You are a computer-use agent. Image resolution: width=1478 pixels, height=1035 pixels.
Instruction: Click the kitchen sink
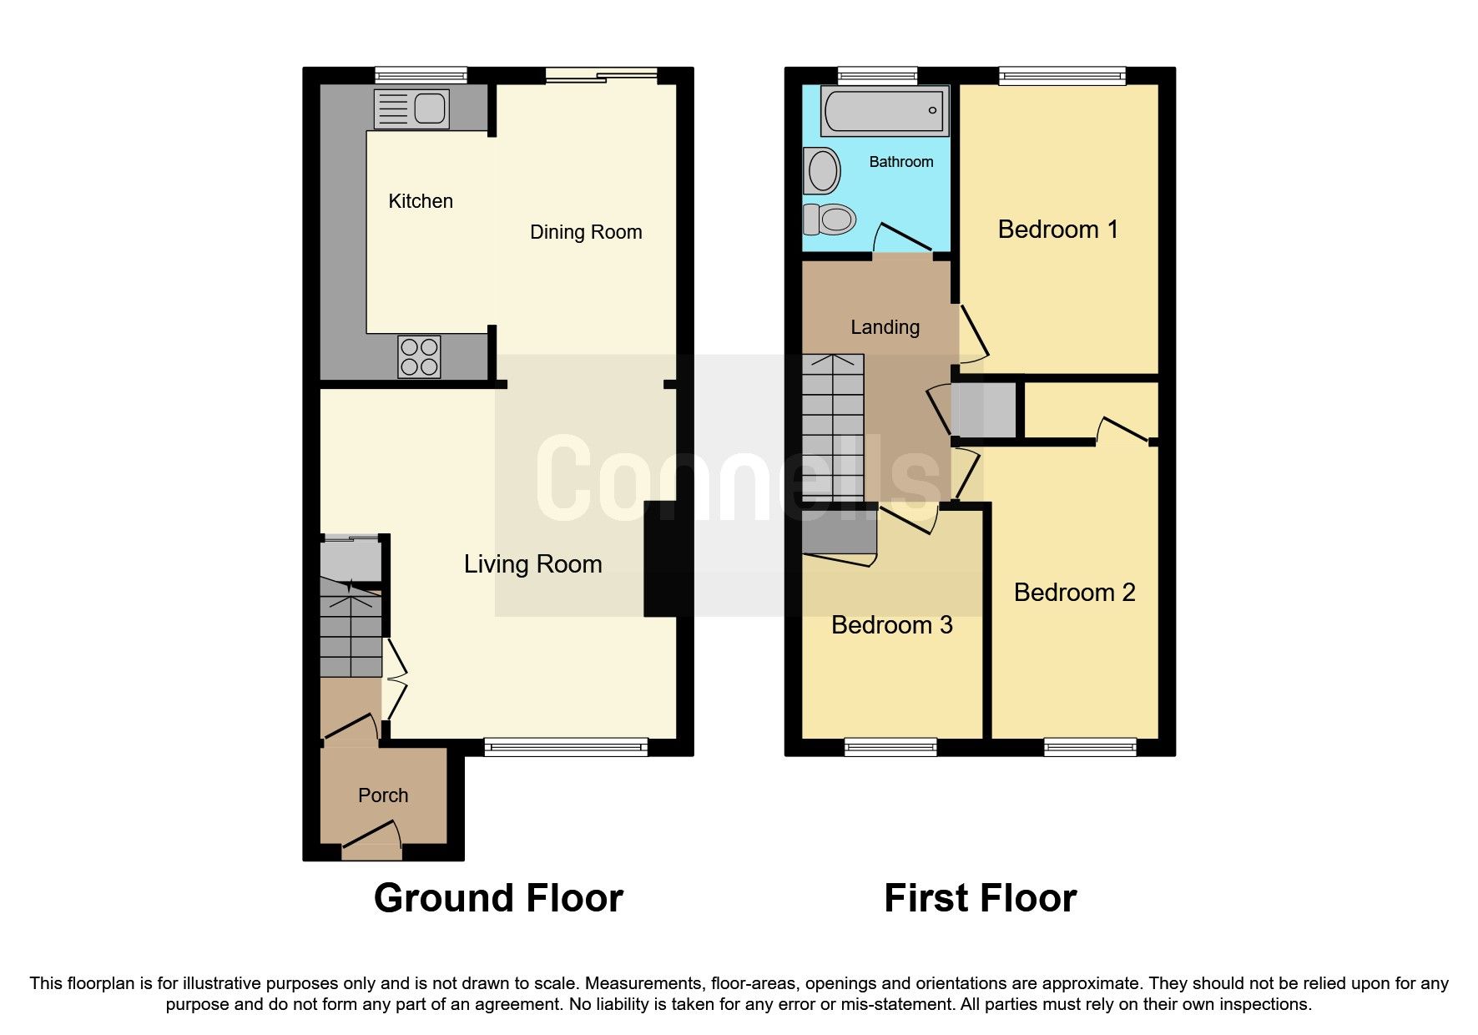coord(411,109)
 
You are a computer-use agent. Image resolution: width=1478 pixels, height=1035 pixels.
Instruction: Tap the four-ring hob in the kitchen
coord(419,356)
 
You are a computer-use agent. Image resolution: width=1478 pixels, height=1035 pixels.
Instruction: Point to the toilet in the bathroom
coord(831,220)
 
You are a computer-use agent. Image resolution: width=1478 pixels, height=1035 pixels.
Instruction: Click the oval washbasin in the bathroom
coord(822,171)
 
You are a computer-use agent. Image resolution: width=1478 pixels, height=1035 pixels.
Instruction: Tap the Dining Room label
coord(586,232)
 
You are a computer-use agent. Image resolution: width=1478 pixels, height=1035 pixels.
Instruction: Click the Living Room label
coord(532,564)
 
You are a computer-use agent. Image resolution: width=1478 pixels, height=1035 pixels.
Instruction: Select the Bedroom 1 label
coord(1057,230)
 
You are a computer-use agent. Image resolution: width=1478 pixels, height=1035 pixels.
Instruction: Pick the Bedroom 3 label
coord(891,625)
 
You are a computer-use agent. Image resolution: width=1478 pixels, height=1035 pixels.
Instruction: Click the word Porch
coord(383,795)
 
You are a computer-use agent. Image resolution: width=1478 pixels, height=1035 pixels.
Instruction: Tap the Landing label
coord(885,327)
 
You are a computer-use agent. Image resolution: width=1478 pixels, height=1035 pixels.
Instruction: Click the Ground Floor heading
coord(498,898)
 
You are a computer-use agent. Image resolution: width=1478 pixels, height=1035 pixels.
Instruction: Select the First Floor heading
coord(980,898)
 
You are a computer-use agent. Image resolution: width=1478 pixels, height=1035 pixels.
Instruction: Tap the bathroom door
coord(902,238)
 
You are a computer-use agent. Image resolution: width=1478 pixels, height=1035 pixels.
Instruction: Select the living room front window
coord(566,747)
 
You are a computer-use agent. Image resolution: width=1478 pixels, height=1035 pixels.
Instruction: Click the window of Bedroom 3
coord(890,747)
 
